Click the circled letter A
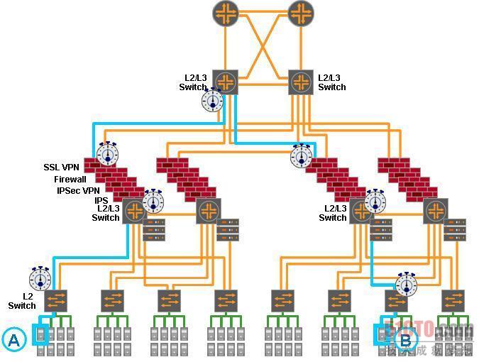click(x=13, y=340)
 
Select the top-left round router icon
click(x=226, y=13)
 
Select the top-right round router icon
click(x=300, y=13)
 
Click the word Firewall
click(x=70, y=180)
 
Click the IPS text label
click(x=101, y=200)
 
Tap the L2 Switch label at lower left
click(x=21, y=300)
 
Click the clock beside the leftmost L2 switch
click(x=40, y=278)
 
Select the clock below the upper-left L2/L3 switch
click(x=213, y=100)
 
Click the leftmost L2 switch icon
click(x=56, y=300)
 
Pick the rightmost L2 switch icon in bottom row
click(x=452, y=300)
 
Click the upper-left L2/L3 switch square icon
click(x=226, y=82)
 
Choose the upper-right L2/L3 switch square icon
click(x=300, y=82)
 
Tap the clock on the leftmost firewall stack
click(x=108, y=153)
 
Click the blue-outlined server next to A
click(x=40, y=333)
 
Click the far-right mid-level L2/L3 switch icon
click(x=436, y=211)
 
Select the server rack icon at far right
click(x=454, y=231)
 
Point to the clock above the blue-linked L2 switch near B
click(x=407, y=284)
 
